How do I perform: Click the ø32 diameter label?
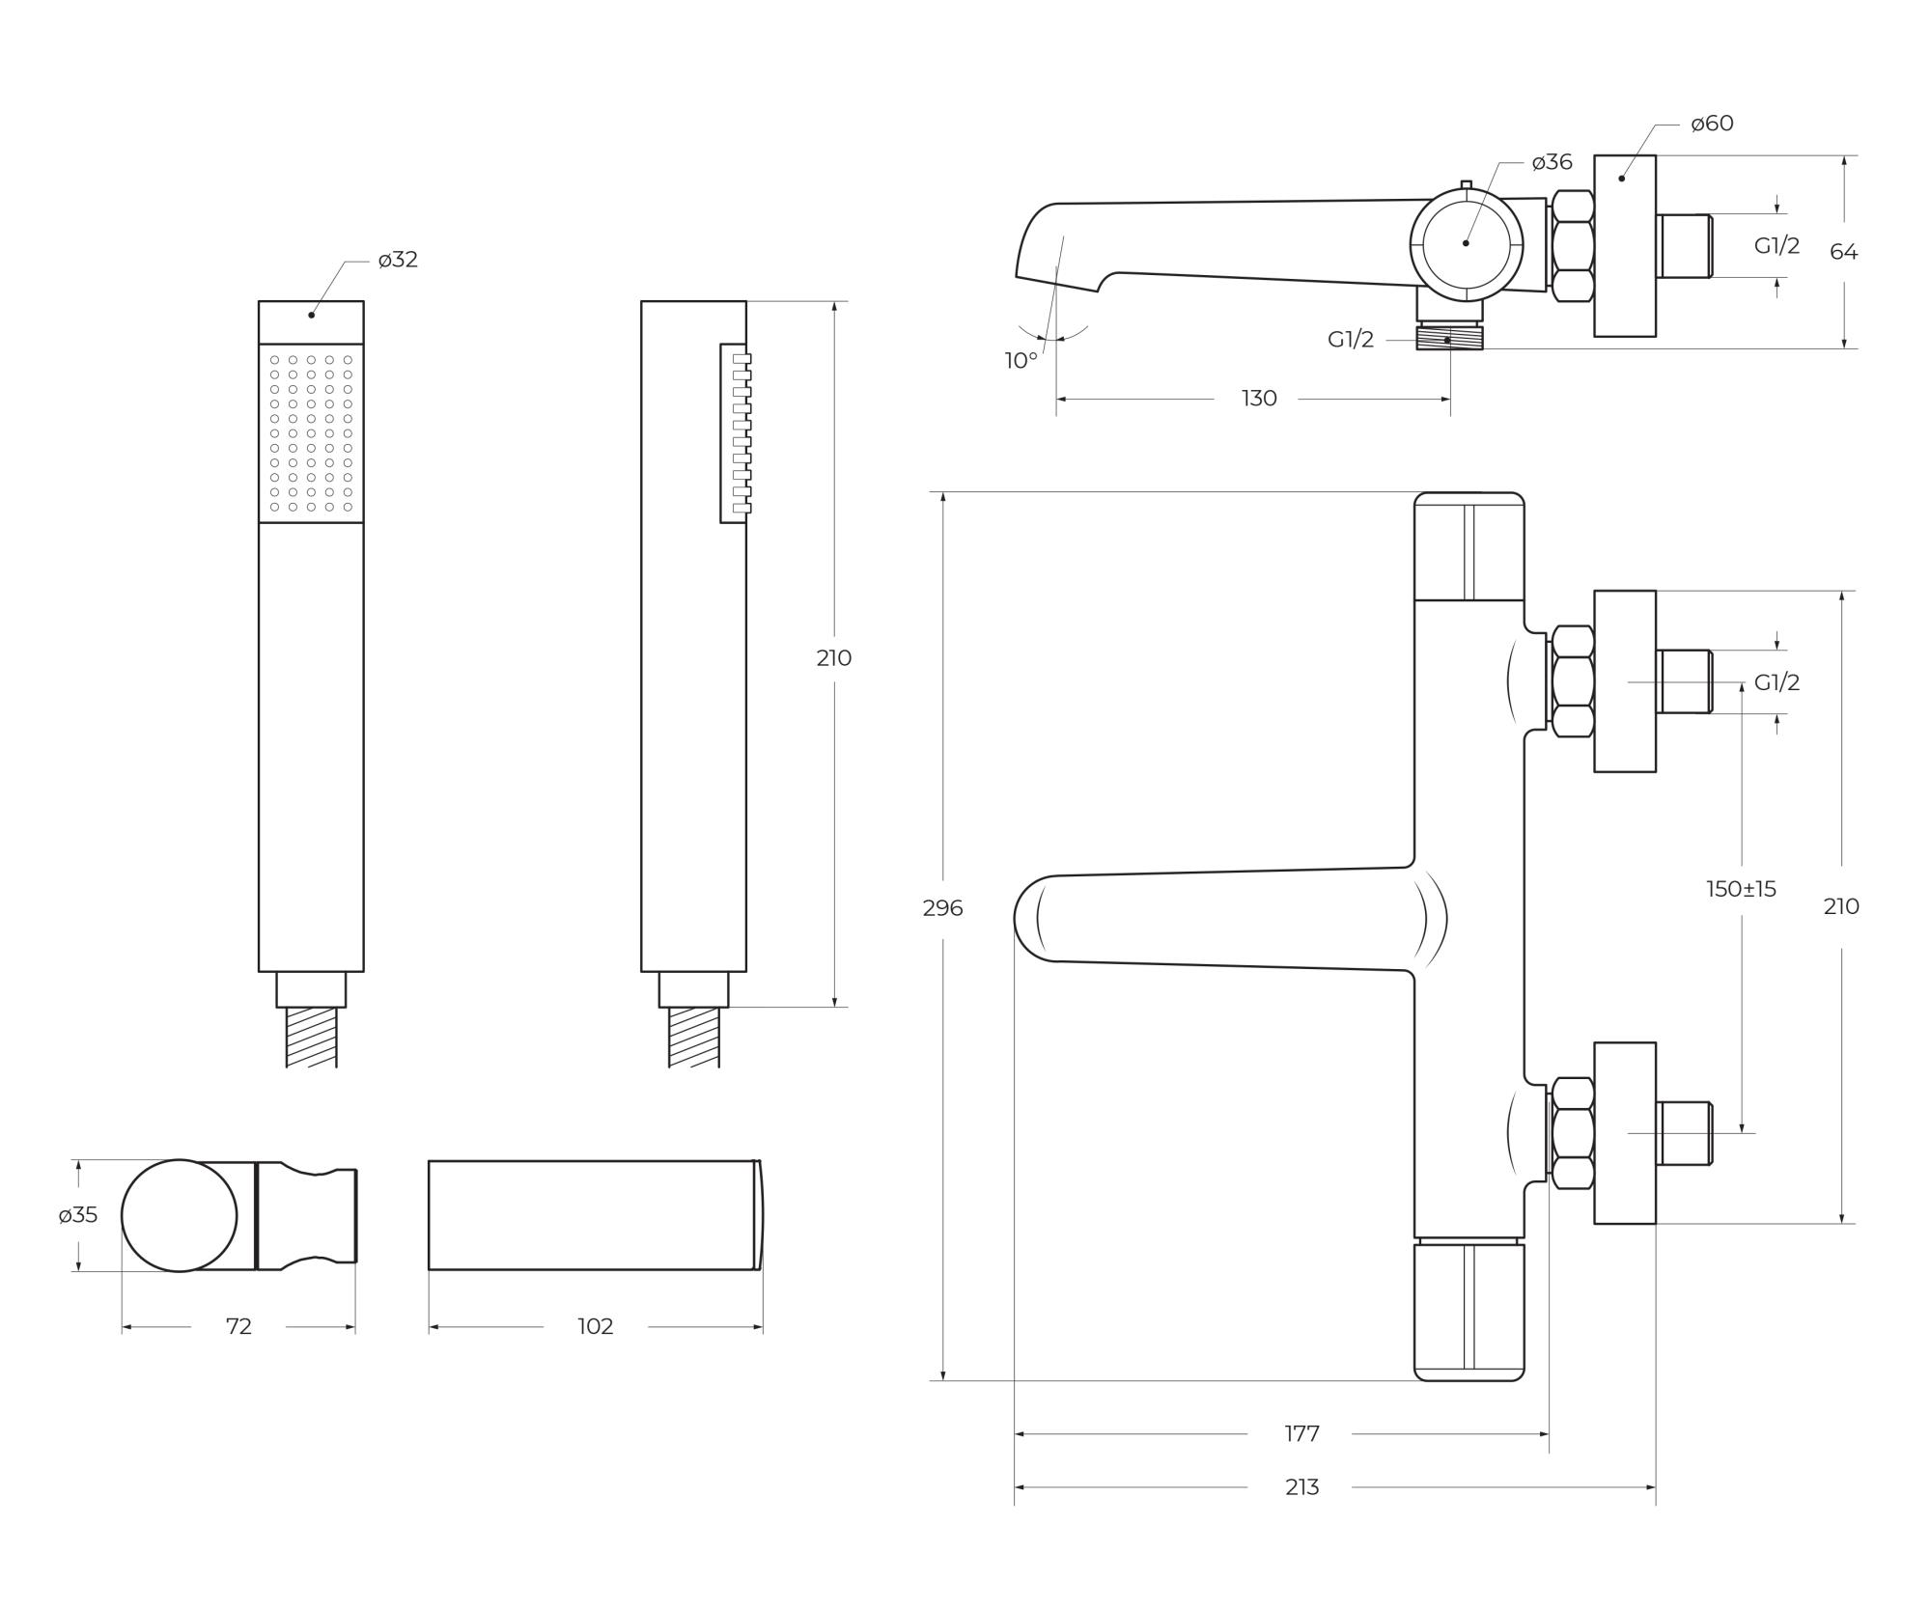(x=398, y=260)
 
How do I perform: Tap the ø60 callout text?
(x=1712, y=124)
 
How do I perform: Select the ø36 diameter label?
(x=1552, y=162)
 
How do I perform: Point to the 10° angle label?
(x=1021, y=361)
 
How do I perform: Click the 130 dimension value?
(x=1258, y=399)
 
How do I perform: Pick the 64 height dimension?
(x=1843, y=252)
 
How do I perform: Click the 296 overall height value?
(x=942, y=908)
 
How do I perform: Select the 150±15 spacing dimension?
(x=1741, y=889)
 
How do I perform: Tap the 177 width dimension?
(x=1301, y=1434)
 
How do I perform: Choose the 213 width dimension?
(x=1301, y=1487)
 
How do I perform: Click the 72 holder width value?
(x=238, y=1327)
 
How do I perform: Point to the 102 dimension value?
(x=596, y=1327)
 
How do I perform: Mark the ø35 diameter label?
(x=78, y=1215)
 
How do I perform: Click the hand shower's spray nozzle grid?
(x=311, y=433)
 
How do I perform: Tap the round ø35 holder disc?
(x=180, y=1216)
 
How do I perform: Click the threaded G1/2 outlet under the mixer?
(x=1449, y=338)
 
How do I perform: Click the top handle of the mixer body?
(x=1468, y=546)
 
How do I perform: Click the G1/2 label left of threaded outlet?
(x=1350, y=340)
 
